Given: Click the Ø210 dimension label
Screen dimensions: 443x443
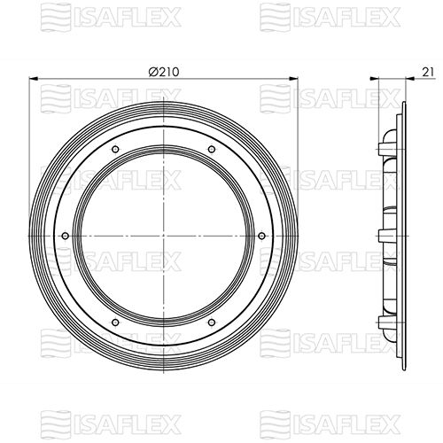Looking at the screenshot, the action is (164, 72).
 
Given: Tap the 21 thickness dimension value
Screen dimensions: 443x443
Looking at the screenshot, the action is (428, 72).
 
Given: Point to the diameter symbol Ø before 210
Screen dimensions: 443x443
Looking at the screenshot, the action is (153, 72).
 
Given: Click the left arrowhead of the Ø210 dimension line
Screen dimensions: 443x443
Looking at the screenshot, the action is (33, 79).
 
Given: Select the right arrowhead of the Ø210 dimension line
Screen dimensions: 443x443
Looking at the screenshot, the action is (293, 79).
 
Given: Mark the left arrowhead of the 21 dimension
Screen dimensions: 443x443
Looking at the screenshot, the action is (374, 79).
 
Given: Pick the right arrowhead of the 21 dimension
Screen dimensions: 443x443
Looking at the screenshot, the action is (410, 79).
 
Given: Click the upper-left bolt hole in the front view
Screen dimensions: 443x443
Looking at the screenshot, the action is (115, 149).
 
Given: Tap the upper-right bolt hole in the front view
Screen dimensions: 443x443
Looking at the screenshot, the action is (212, 149).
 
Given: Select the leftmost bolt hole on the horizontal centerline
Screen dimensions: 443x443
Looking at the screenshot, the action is (66, 236).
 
